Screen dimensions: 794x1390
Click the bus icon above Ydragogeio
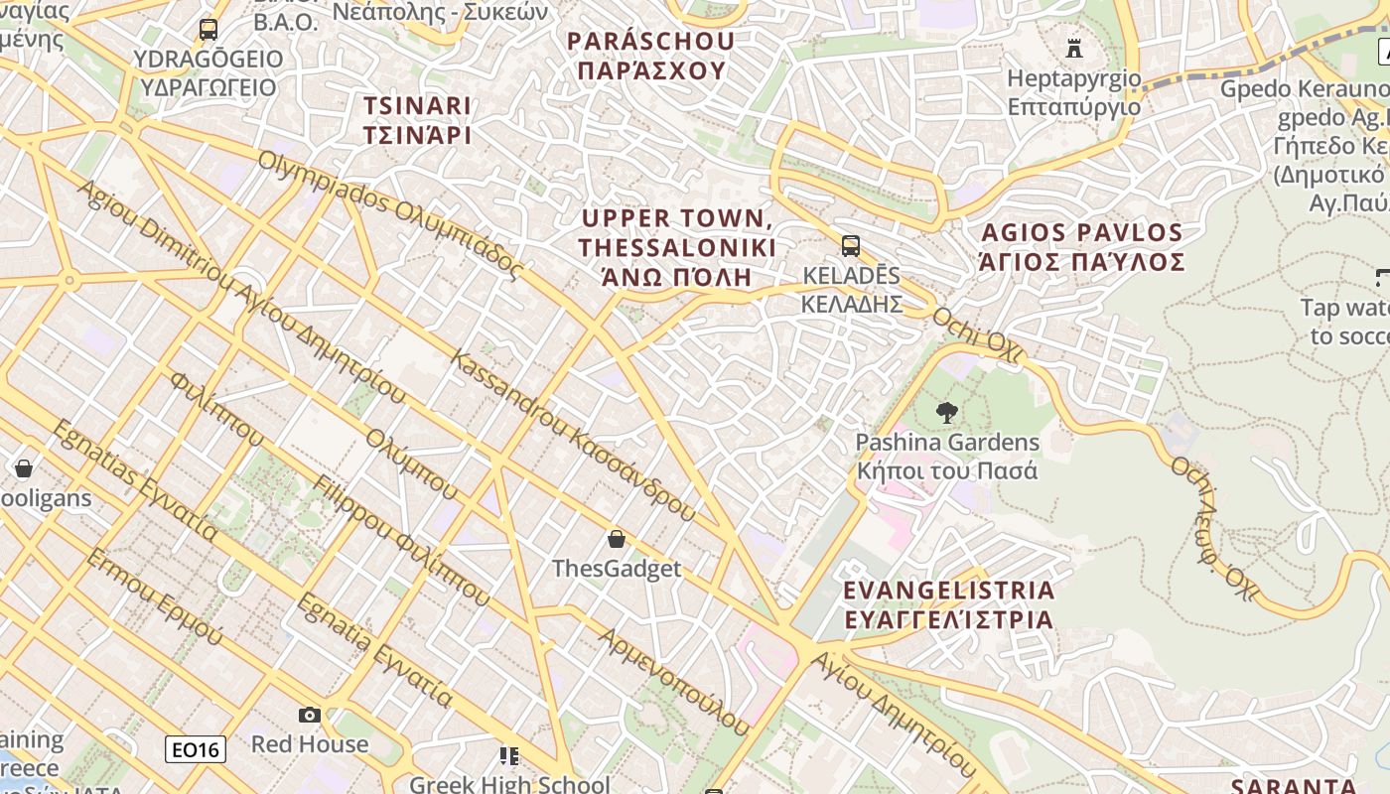click(x=208, y=30)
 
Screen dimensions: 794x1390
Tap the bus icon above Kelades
click(x=851, y=245)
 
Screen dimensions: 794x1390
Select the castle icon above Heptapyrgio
click(x=1073, y=48)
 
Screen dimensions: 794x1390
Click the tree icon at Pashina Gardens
click(x=947, y=412)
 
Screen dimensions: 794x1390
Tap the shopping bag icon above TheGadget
click(x=617, y=539)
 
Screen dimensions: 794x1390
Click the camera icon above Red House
click(x=310, y=715)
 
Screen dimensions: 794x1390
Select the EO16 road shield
click(x=196, y=749)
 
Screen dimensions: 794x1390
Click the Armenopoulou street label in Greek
click(x=675, y=681)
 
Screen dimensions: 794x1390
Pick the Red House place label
click(x=310, y=744)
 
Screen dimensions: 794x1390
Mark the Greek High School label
click(x=509, y=784)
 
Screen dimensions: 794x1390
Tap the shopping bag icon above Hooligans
click(x=24, y=467)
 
